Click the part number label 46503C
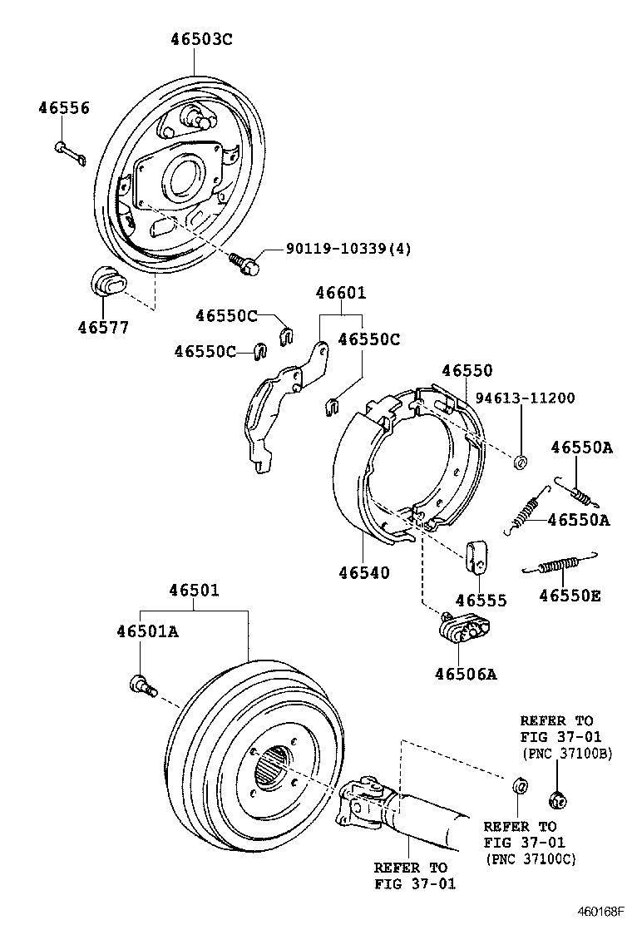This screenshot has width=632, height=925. [x=201, y=38]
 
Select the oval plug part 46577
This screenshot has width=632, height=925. [x=106, y=283]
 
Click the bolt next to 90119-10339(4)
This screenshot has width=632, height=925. [x=245, y=263]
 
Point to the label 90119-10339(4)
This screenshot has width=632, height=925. [x=348, y=250]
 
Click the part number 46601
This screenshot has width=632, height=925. [x=340, y=293]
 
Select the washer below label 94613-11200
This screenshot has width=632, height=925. [x=521, y=462]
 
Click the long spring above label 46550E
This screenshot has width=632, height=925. [x=559, y=566]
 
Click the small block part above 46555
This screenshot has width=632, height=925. [x=476, y=556]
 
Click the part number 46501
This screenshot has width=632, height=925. [x=194, y=591]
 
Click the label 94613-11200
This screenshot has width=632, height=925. [x=524, y=398]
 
